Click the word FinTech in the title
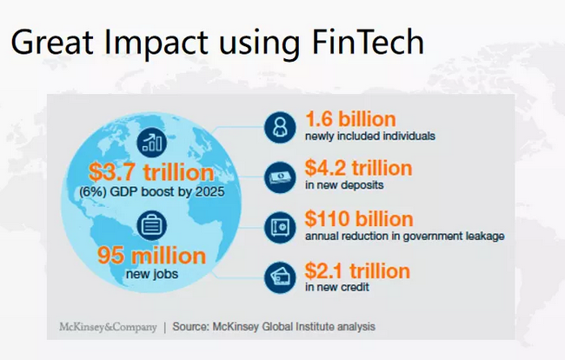pyautogui.click(x=368, y=42)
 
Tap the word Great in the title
pyautogui.click(x=53, y=42)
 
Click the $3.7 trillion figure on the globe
pyautogui.click(x=151, y=172)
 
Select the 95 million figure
pyautogui.click(x=152, y=256)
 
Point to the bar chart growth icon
pyautogui.click(x=152, y=143)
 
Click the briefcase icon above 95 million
pyautogui.click(x=152, y=225)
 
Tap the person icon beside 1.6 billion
pyautogui.click(x=280, y=127)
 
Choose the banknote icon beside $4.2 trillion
pyautogui.click(x=280, y=177)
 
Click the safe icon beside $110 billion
pyautogui.click(x=280, y=227)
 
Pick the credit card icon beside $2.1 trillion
pyautogui.click(x=280, y=277)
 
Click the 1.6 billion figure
pyautogui.click(x=350, y=119)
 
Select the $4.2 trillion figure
pyautogui.click(x=358, y=168)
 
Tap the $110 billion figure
pyautogui.click(x=359, y=219)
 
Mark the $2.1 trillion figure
pyautogui.click(x=357, y=270)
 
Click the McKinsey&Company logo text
pyautogui.click(x=108, y=327)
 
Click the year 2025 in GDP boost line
pyautogui.click(x=210, y=191)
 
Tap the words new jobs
pyautogui.click(x=152, y=274)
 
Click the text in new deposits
pyautogui.click(x=344, y=185)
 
